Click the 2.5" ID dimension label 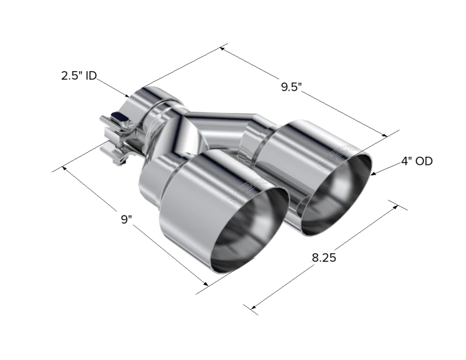[x=79, y=76]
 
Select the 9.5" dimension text [x=291, y=87]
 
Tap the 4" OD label [x=416, y=161]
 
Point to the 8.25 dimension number [x=324, y=257]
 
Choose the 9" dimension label [x=126, y=220]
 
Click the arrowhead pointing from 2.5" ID [x=127, y=96]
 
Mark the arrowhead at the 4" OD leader [x=374, y=174]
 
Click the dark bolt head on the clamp [x=119, y=117]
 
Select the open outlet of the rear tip [x=336, y=194]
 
